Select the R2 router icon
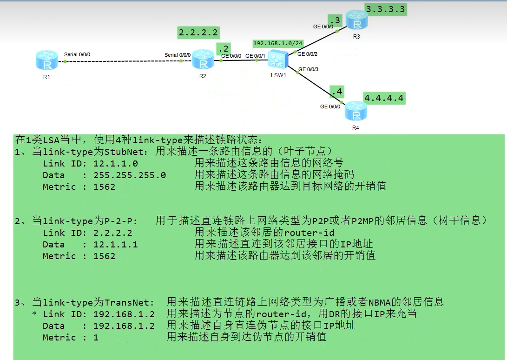tap(203, 60)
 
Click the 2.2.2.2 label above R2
tap(198, 33)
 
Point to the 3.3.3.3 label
tap(385, 9)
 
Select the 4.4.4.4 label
tap(384, 98)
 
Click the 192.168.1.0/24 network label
tap(278, 43)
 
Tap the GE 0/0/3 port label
tap(308, 69)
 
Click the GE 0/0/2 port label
tap(307, 54)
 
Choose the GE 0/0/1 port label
tap(255, 56)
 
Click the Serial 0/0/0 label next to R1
tap(77, 54)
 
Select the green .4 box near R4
tap(336, 92)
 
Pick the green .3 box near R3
tap(335, 20)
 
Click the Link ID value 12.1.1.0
tap(115, 163)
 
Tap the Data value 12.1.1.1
tap(115, 244)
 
